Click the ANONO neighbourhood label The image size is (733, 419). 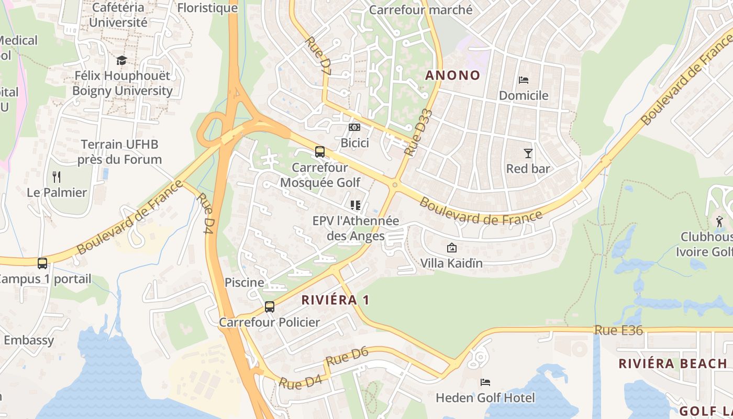coord(452,75)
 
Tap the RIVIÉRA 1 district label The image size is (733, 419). coord(336,300)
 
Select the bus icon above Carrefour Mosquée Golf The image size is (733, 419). coord(320,152)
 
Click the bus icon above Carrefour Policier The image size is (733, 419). coord(270,306)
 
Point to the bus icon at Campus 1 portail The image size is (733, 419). coord(42,263)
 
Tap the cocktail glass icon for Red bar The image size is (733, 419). coord(528,153)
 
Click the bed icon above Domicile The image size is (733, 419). coord(523,80)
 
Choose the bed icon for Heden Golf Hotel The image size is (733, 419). coord(485,382)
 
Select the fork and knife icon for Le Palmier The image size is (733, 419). coord(57,177)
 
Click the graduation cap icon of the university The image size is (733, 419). coord(121,61)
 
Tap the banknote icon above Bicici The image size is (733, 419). coord(354,127)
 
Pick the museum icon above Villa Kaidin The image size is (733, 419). coord(451,247)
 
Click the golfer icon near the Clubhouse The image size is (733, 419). coord(720,221)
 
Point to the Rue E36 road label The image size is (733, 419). coord(618,330)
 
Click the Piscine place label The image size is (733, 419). coord(245,282)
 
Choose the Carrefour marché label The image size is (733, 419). coord(421,10)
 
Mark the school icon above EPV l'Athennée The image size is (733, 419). coord(356,205)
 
